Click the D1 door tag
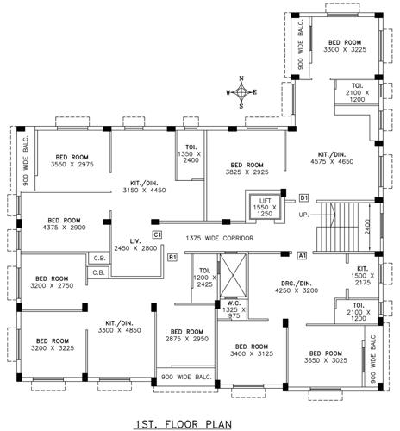point(303,198)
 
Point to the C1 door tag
point(158,234)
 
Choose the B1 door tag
point(172,256)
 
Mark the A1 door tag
point(302,256)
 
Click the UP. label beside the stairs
point(303,214)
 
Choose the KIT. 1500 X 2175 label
point(362,273)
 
